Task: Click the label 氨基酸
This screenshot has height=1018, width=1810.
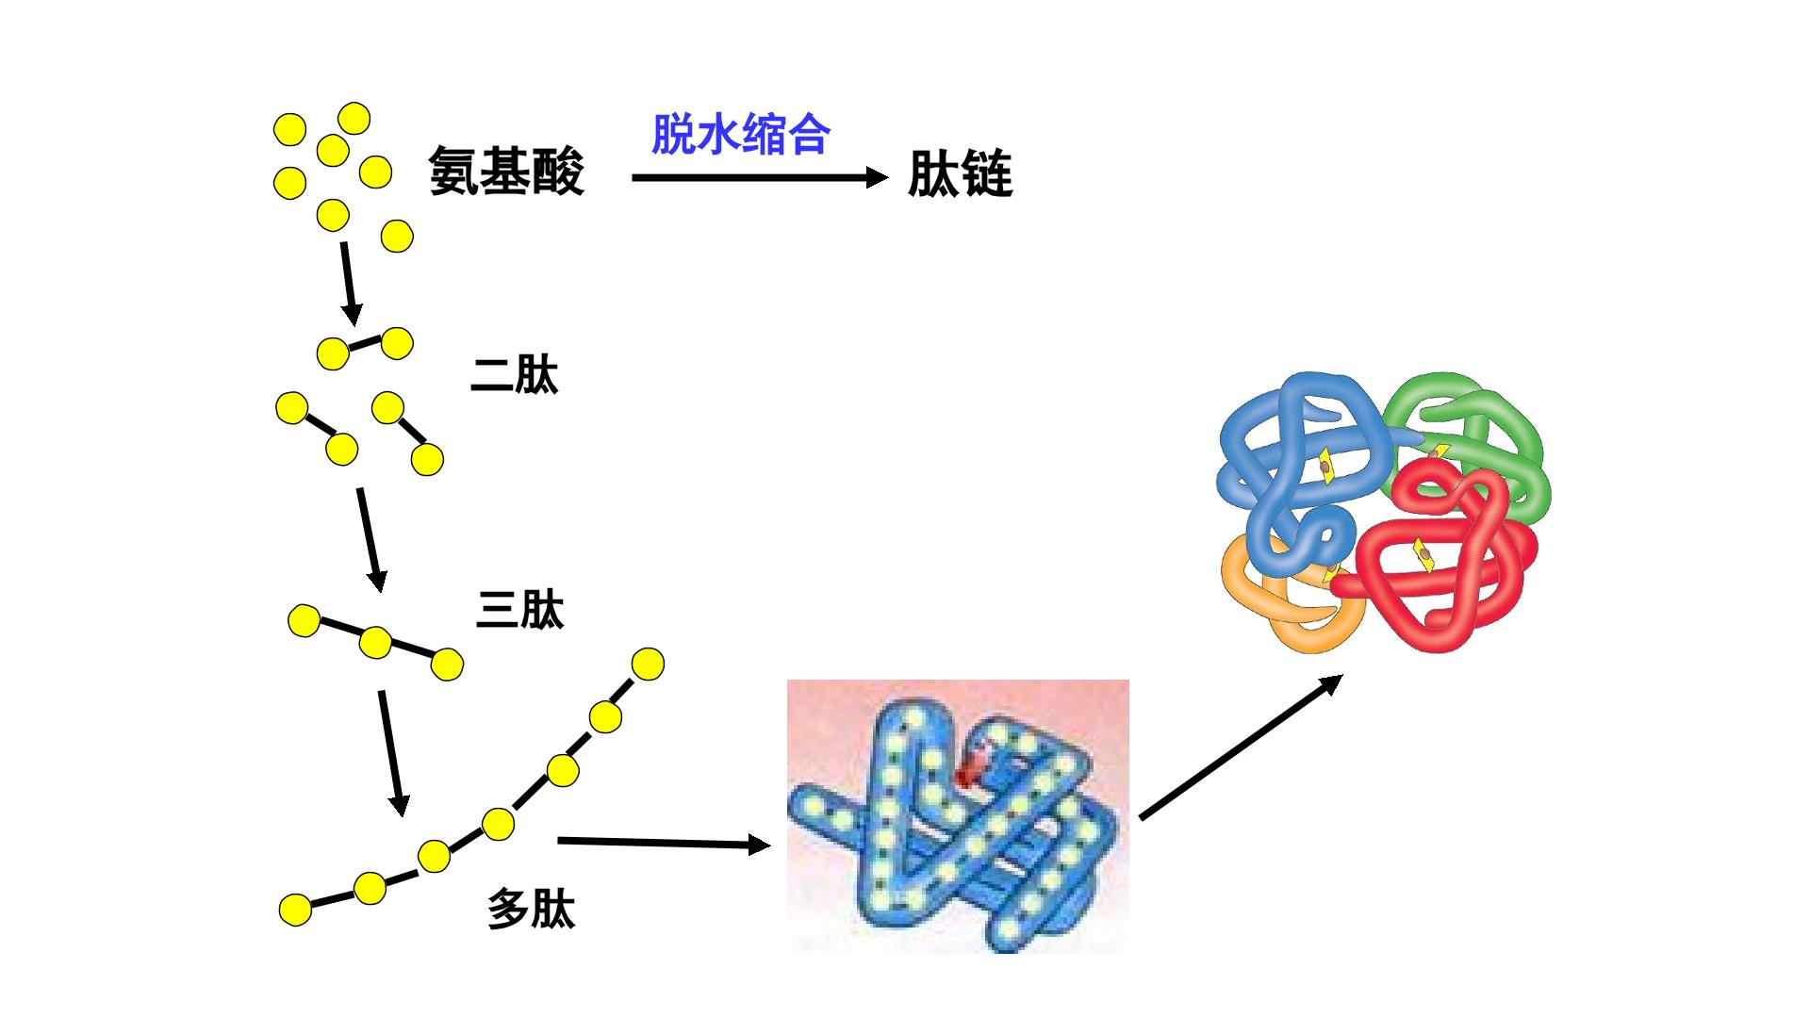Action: tap(507, 171)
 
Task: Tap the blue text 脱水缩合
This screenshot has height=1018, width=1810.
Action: tap(741, 134)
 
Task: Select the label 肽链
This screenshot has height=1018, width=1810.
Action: tap(961, 174)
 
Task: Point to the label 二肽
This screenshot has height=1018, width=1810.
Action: tap(515, 375)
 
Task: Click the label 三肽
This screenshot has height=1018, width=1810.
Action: tap(520, 610)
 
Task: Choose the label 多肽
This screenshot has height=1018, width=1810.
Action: tap(532, 909)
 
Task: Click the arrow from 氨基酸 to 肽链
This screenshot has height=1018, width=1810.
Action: tap(760, 177)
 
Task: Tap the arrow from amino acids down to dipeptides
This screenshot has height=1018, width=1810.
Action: tap(349, 283)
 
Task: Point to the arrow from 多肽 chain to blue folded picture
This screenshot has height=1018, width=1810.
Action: tap(665, 842)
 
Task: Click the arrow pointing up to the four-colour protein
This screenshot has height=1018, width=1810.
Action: tap(1241, 747)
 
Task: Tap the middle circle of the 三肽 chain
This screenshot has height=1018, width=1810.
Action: tap(375, 643)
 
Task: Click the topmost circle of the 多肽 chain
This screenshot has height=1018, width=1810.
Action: tap(648, 664)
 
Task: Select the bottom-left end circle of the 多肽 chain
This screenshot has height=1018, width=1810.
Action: tap(295, 910)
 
